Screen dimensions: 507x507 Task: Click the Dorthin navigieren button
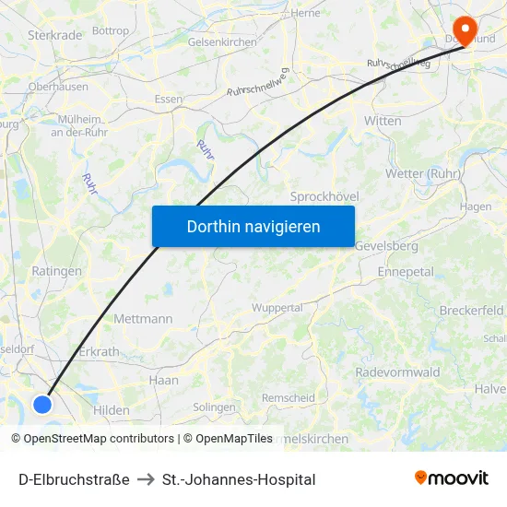[x=253, y=226]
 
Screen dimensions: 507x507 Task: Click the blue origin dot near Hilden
[x=42, y=404]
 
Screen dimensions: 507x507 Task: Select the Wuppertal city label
[x=277, y=307]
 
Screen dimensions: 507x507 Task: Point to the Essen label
[x=169, y=100]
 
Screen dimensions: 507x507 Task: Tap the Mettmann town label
[x=143, y=319]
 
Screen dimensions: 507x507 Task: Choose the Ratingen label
[x=56, y=272]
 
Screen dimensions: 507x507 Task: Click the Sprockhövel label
[x=324, y=197]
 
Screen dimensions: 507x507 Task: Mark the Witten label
[x=383, y=121]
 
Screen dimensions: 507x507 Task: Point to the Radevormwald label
[x=397, y=372]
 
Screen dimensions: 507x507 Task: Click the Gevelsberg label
[x=385, y=246]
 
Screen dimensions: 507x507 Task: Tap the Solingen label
[x=214, y=407]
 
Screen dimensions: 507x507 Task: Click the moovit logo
[x=451, y=478]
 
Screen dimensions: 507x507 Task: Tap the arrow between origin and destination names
[x=146, y=479]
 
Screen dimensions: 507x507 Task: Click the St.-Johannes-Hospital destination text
[x=239, y=479]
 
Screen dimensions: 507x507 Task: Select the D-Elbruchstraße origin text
[x=74, y=479]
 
